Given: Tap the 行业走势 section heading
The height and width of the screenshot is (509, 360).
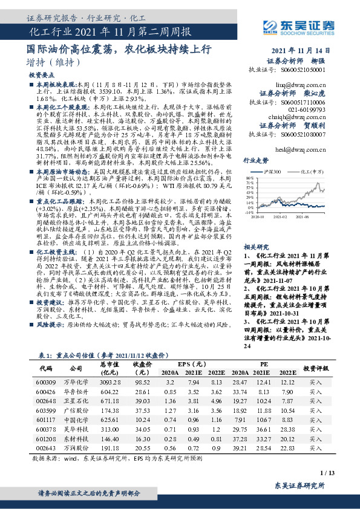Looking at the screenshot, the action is tap(255, 161).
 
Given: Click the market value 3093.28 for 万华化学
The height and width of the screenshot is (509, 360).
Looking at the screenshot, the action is tap(110, 383).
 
